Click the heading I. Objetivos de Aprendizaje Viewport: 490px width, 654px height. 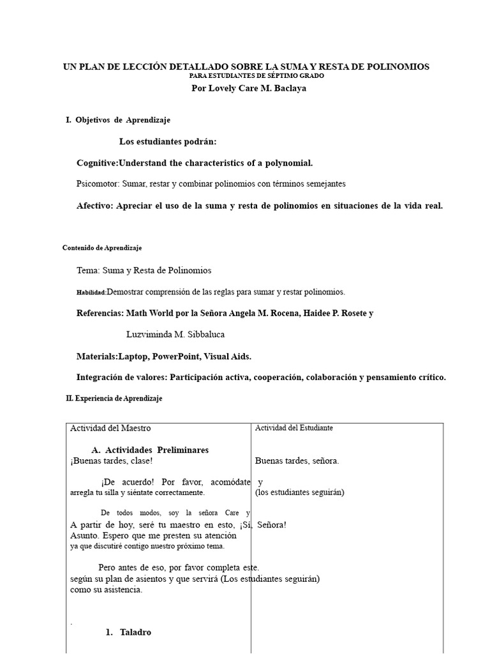(118, 119)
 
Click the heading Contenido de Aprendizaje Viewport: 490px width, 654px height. (102, 247)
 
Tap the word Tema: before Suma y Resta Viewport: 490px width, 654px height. (88, 270)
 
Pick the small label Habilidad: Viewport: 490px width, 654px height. (91, 293)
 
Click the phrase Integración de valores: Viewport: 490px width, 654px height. (121, 377)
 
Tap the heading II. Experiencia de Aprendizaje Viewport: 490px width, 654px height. (114, 398)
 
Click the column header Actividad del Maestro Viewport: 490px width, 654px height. (110, 428)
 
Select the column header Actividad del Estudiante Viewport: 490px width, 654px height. (294, 428)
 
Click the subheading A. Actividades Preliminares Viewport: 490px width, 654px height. (150, 450)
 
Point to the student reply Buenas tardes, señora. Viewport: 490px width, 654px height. (297, 460)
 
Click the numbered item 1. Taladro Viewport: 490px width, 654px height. (128, 632)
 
